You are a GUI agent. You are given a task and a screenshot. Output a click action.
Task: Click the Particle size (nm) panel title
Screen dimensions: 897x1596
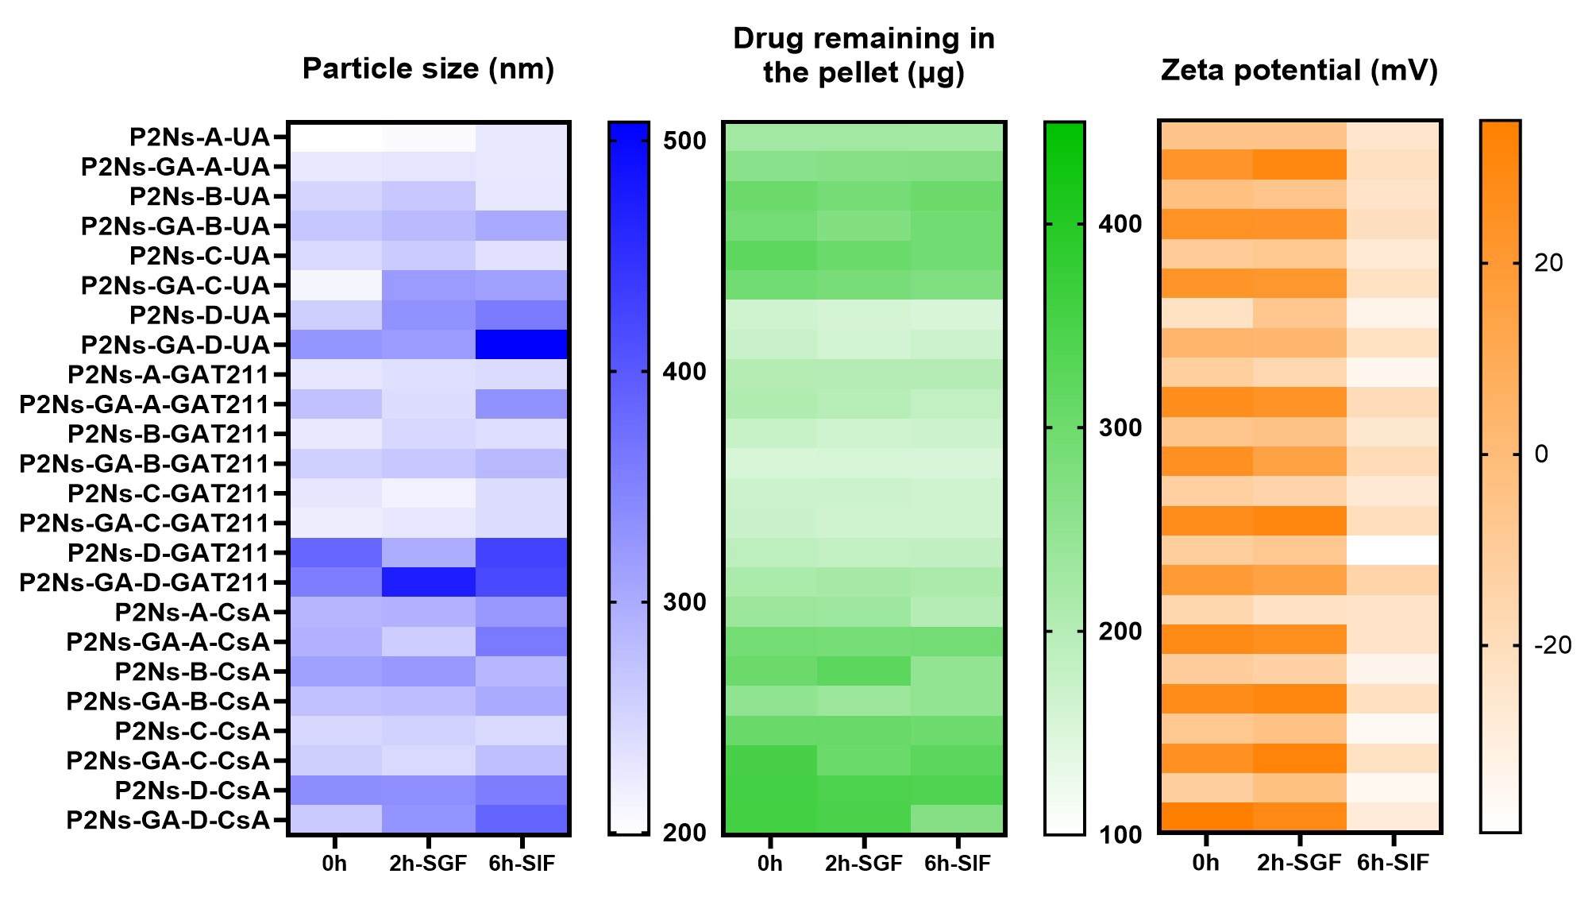pyautogui.click(x=428, y=69)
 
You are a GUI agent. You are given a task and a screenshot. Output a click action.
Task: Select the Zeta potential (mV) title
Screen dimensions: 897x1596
pyautogui.click(x=1299, y=71)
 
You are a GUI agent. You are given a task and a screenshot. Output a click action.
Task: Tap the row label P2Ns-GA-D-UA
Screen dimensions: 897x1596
pyautogui.click(x=175, y=345)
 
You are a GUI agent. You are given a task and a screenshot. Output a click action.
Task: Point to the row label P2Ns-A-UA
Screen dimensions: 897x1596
pyautogui.click(x=199, y=137)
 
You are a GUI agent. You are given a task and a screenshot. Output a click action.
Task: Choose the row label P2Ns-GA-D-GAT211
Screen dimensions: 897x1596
pyautogui.click(x=145, y=582)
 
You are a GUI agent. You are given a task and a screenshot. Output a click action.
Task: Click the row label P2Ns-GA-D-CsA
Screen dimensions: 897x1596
pyautogui.click(x=168, y=820)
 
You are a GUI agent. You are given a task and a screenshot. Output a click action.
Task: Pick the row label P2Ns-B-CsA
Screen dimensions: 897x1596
pyautogui.click(x=192, y=671)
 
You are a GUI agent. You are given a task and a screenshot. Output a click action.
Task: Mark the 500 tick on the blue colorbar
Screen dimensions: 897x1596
pyautogui.click(x=684, y=141)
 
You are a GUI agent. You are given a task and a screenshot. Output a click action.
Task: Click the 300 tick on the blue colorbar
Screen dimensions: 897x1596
pyautogui.click(x=684, y=602)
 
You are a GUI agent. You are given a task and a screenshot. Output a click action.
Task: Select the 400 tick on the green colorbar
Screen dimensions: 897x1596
pyautogui.click(x=1120, y=224)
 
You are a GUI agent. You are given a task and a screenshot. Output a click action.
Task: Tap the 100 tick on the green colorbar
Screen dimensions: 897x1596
pyautogui.click(x=1120, y=834)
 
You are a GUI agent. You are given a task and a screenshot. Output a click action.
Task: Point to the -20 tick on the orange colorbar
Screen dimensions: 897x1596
pyautogui.click(x=1552, y=645)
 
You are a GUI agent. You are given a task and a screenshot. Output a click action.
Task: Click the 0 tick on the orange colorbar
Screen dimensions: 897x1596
pyautogui.click(x=1541, y=454)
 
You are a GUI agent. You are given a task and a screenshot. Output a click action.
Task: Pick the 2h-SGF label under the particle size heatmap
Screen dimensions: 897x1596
pyautogui.click(x=428, y=864)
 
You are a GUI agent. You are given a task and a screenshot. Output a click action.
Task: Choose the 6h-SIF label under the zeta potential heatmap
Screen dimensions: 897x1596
pyautogui.click(x=1393, y=862)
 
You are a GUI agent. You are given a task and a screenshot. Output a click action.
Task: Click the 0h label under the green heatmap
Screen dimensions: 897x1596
pyautogui.click(x=769, y=864)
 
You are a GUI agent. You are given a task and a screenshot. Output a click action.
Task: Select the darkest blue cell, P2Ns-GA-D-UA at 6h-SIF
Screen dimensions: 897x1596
pyautogui.click(x=522, y=345)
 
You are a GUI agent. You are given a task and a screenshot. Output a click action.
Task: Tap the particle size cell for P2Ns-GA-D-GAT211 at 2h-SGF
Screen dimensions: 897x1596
pyautogui.click(x=428, y=582)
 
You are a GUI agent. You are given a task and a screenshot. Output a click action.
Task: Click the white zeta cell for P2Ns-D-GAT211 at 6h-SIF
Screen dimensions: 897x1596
pyautogui.click(x=1393, y=550)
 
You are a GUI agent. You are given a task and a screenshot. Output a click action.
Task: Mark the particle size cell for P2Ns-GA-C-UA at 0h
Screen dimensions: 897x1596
pyautogui.click(x=335, y=285)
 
